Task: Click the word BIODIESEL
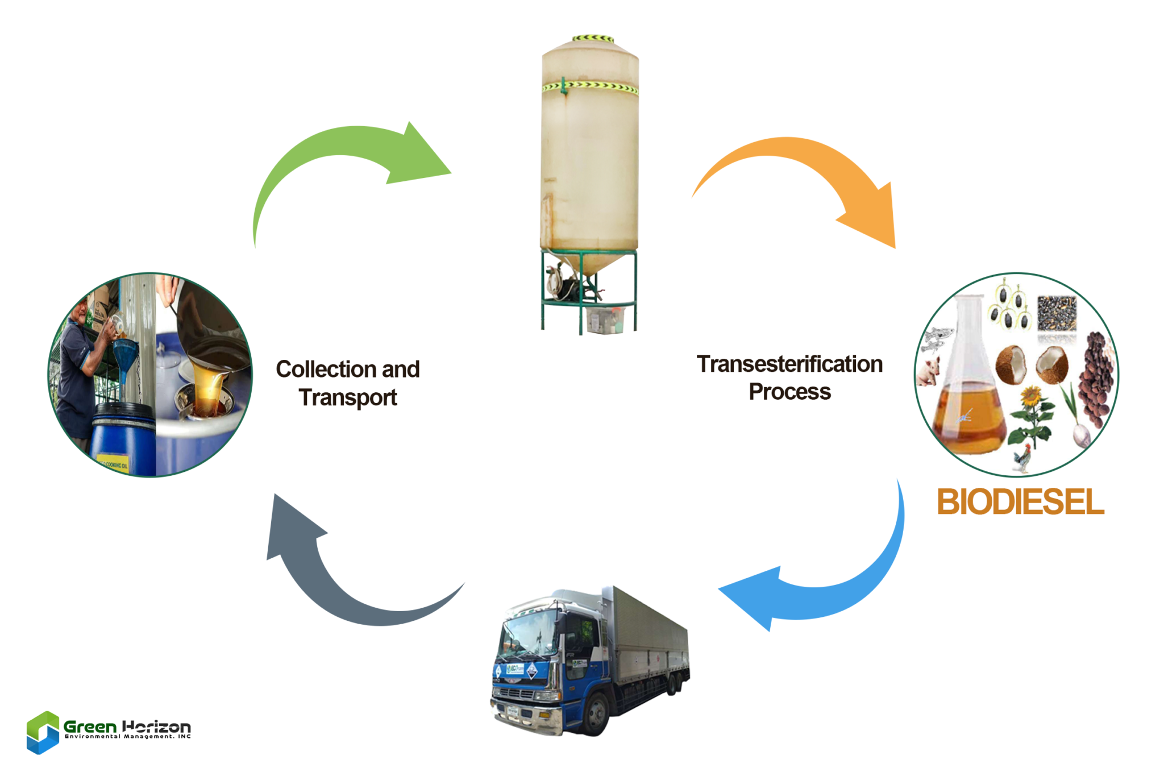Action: click(x=1020, y=502)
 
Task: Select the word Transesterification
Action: click(x=789, y=364)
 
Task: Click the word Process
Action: click(x=789, y=392)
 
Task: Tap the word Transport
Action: click(x=348, y=397)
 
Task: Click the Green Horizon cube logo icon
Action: click(x=43, y=732)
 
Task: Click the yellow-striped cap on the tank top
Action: click(x=592, y=39)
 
